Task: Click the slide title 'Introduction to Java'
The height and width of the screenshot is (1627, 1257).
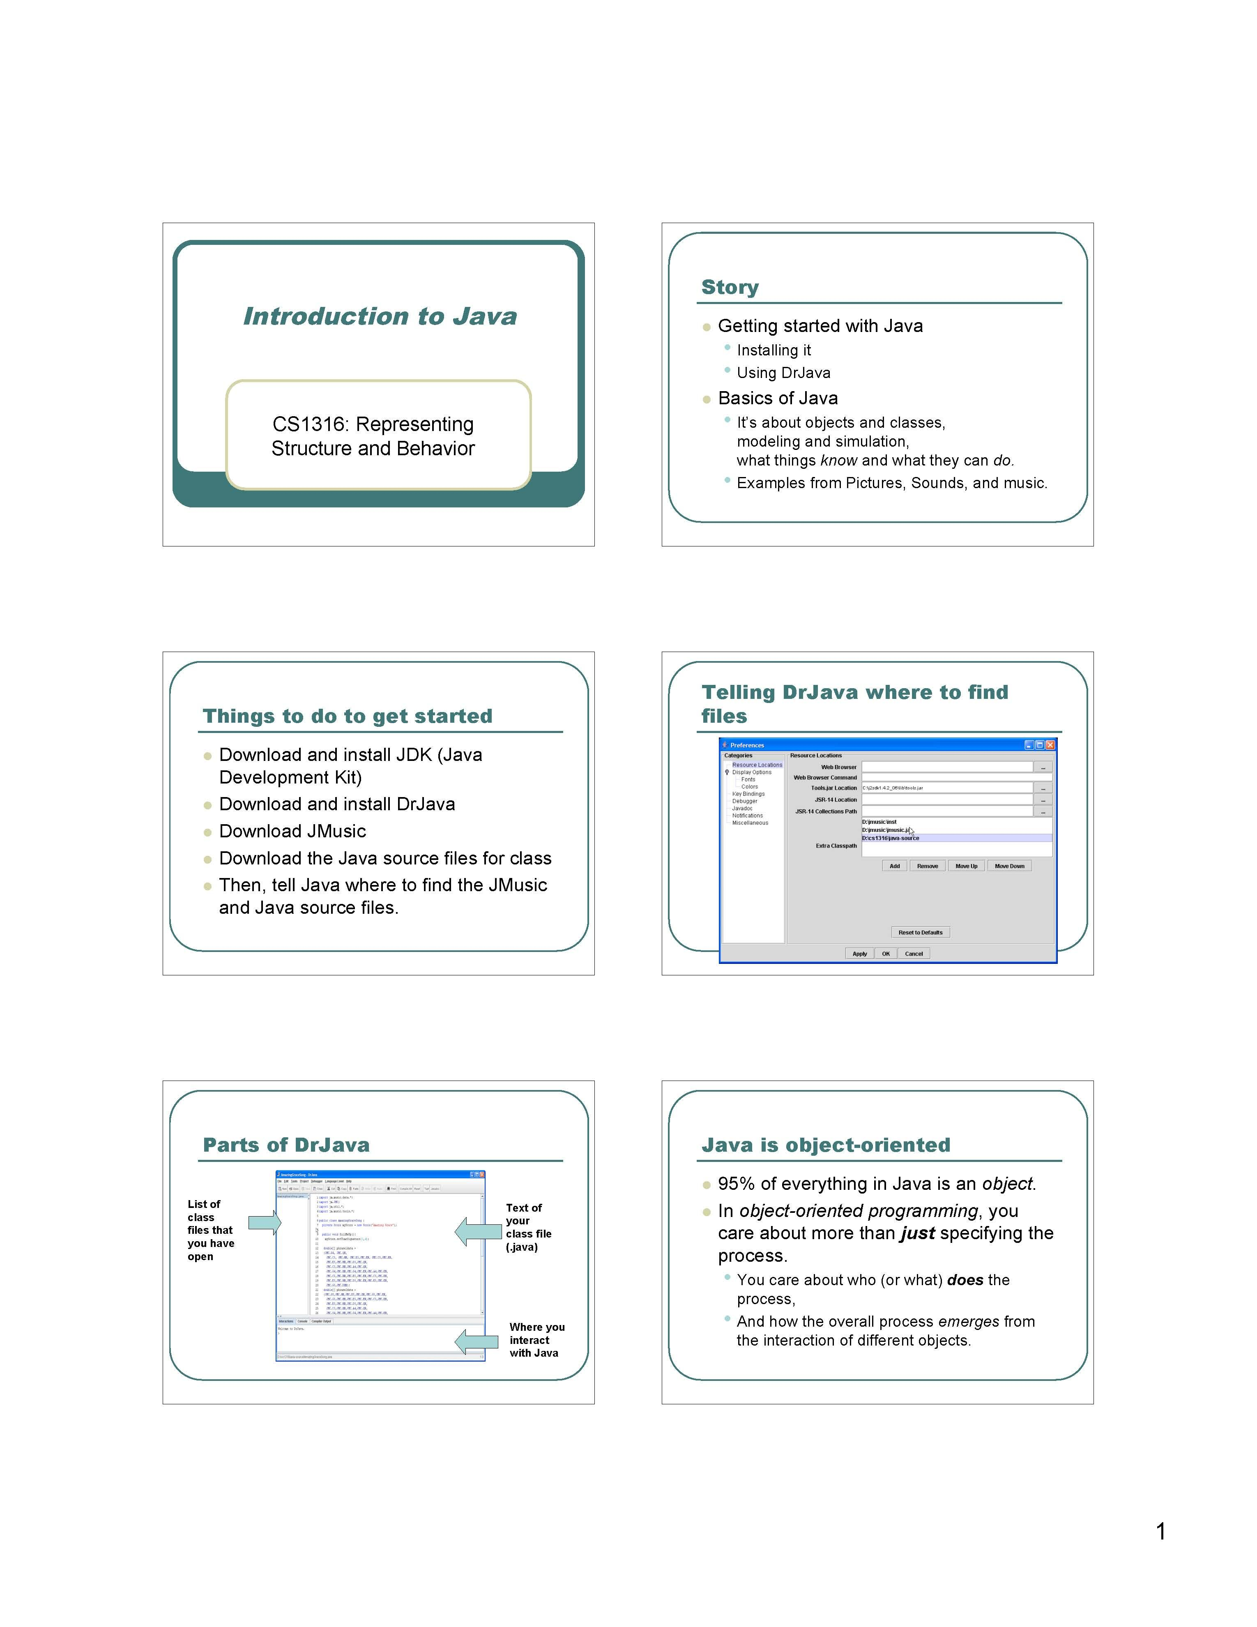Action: click(x=380, y=317)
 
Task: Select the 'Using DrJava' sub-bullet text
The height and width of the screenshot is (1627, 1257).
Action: click(x=783, y=373)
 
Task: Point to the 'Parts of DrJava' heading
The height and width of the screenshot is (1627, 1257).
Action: click(x=286, y=1145)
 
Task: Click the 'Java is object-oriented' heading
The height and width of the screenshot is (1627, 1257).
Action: click(x=826, y=1145)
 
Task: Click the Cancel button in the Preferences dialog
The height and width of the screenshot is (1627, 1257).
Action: click(x=914, y=954)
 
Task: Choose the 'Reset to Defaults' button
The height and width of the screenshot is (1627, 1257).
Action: click(x=921, y=932)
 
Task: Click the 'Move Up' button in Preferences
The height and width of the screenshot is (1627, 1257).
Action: click(x=966, y=866)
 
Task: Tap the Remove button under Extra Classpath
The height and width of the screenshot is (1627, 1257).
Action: click(x=927, y=866)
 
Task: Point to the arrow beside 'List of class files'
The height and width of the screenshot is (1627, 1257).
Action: click(x=265, y=1222)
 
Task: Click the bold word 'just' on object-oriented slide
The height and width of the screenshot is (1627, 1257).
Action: click(x=917, y=1233)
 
